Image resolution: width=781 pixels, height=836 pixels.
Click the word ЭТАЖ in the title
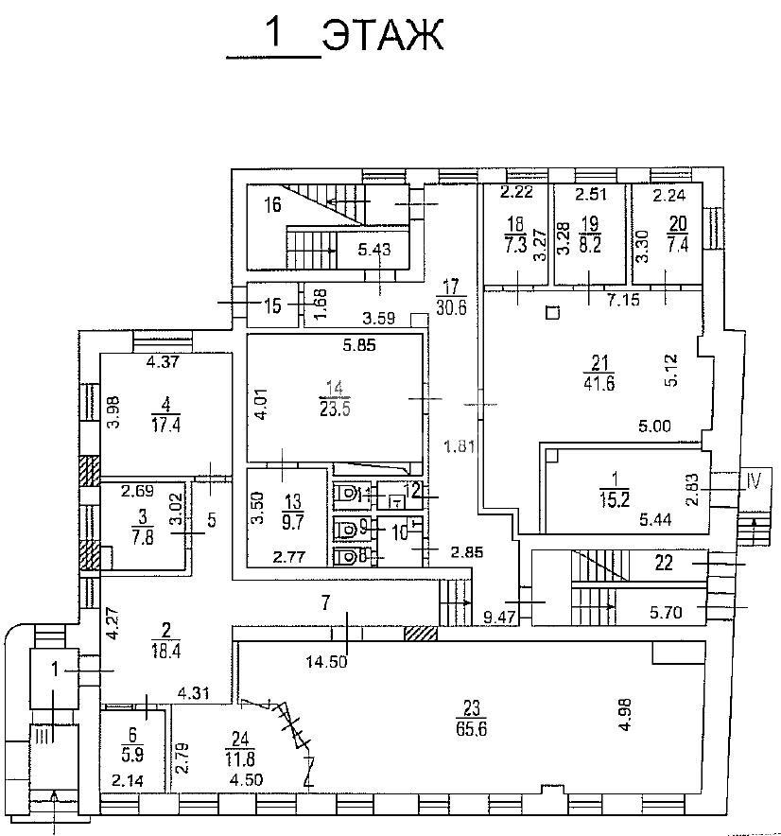pyautogui.click(x=383, y=35)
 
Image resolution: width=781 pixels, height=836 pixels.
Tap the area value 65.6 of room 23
pyautogui.click(x=472, y=729)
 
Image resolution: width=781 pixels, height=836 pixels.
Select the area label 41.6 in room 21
pyautogui.click(x=599, y=383)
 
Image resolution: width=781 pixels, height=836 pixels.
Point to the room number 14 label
pyautogui.click(x=335, y=388)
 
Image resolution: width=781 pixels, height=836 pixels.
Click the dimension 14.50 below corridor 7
pyautogui.click(x=326, y=662)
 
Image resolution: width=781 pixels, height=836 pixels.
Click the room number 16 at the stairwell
pyautogui.click(x=273, y=204)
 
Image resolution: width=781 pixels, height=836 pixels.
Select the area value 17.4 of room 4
pyautogui.click(x=165, y=426)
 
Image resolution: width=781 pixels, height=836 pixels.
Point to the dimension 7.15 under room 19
pyautogui.click(x=624, y=300)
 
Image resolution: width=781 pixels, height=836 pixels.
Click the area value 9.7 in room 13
pyautogui.click(x=293, y=521)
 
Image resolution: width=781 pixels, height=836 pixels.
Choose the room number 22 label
pyautogui.click(x=664, y=563)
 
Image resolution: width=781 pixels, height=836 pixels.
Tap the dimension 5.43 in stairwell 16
pyautogui.click(x=374, y=249)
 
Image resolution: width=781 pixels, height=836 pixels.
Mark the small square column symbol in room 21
pyautogui.click(x=553, y=312)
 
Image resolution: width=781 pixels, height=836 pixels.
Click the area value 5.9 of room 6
pyautogui.click(x=132, y=755)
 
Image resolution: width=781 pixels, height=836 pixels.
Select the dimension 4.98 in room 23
pyautogui.click(x=625, y=714)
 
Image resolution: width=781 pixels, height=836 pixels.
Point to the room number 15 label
pyautogui.click(x=273, y=306)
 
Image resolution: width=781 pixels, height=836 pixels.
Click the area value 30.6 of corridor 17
pyautogui.click(x=451, y=308)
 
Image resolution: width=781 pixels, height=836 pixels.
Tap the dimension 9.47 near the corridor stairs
pyautogui.click(x=499, y=618)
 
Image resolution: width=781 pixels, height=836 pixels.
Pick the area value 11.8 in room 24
pyautogui.click(x=240, y=758)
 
